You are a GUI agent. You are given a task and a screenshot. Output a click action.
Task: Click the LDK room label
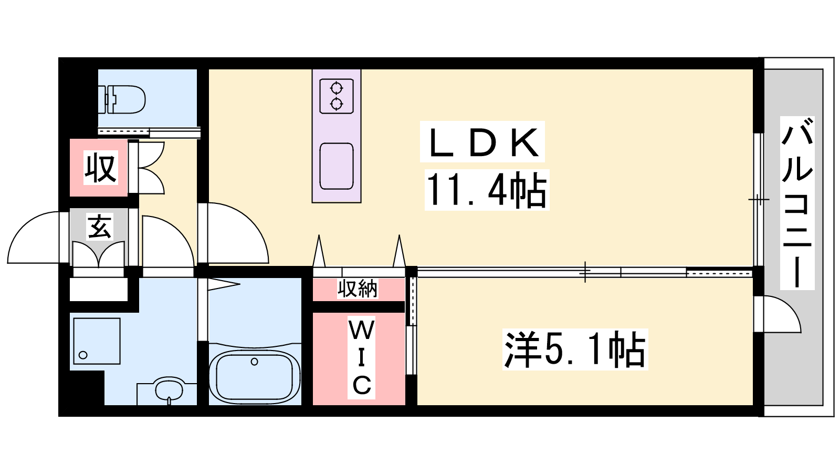pos(482,142)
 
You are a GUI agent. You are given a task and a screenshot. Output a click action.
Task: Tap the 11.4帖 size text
pos(486,190)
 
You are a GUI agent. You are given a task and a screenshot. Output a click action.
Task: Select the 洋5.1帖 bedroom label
pos(575,350)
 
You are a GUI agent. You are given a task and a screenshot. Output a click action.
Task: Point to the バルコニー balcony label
pos(797,203)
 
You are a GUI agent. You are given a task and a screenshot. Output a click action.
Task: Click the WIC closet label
pos(362,358)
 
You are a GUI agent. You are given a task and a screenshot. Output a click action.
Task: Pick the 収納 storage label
pos(358,289)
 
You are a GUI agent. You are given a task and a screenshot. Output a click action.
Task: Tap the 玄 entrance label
pos(99,227)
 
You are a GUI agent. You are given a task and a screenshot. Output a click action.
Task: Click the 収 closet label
pos(100,168)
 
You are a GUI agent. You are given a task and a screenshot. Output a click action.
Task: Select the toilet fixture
pos(121,99)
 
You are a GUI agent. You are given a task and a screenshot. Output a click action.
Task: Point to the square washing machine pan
pos(97,341)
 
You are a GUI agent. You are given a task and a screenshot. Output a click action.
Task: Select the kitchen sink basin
pos(337,166)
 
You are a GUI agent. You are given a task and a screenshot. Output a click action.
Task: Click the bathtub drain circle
pos(255,362)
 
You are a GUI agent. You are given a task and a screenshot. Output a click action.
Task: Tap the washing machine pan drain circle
pos(83,355)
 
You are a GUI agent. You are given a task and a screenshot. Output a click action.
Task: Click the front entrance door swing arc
pos(23,227)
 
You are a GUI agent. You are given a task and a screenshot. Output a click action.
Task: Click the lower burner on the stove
pos(337,103)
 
